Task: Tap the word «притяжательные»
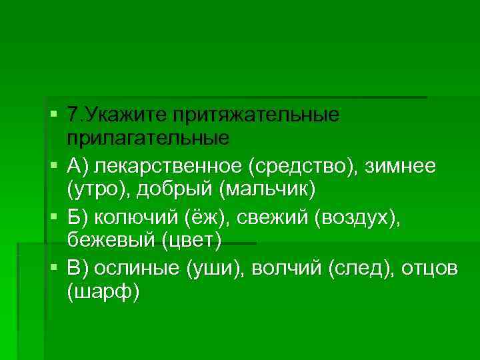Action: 257,115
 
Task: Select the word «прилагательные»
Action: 148,140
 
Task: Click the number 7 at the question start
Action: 73,115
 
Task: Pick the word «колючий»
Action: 136,217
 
